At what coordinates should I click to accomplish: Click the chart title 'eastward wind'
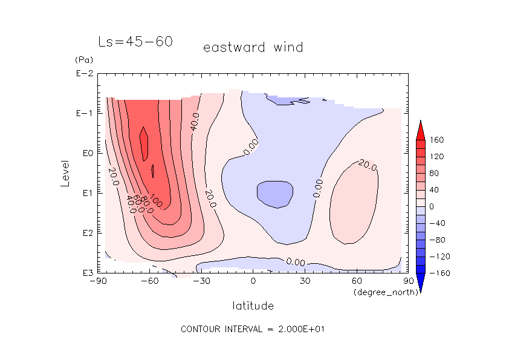pos(253,47)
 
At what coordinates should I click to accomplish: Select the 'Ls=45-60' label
pos(135,42)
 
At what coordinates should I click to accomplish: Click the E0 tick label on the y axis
pos(85,153)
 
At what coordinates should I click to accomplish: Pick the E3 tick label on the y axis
pos(85,273)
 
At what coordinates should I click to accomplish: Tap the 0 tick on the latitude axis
pos(253,281)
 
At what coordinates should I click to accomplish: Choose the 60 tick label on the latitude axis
pos(356,281)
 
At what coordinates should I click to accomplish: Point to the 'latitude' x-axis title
pos(253,306)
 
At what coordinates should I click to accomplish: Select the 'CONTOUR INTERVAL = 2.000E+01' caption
pos(254,329)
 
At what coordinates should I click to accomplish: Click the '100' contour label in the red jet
pos(157,201)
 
